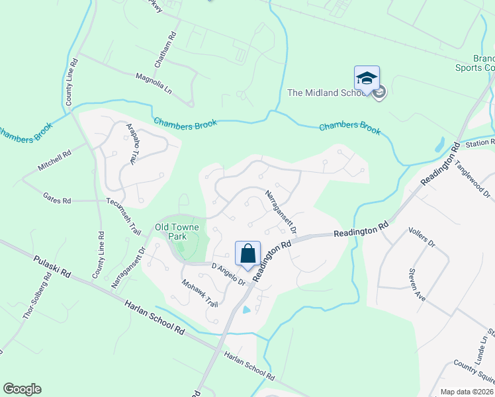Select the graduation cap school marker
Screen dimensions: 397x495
coord(367,78)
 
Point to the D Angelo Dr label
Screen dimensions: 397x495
coord(228,275)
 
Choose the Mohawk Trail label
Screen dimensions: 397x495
coord(201,293)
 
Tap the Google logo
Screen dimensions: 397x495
coord(22,388)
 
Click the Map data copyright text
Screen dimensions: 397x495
coord(467,391)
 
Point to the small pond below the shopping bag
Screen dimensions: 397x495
coord(247,309)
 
